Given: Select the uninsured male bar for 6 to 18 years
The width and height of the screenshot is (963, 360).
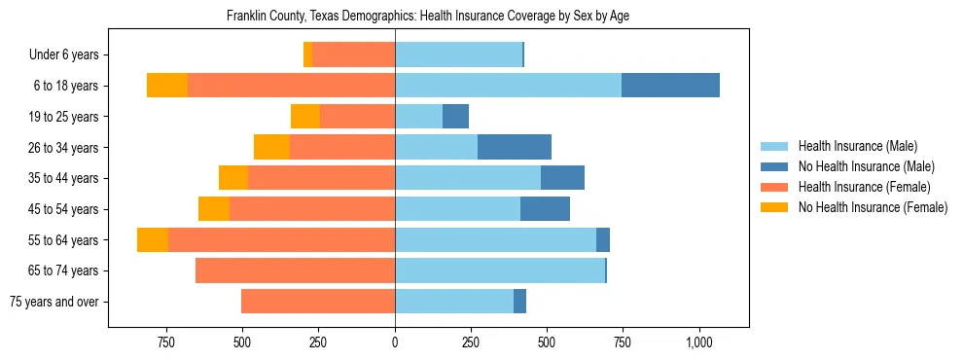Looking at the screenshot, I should point(670,86).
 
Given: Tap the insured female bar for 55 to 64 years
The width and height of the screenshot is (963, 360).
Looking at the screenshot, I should point(281,239).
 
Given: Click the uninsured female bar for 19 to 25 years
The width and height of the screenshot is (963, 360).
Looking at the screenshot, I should point(304,117).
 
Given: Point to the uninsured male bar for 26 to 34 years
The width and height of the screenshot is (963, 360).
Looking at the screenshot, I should point(515,147).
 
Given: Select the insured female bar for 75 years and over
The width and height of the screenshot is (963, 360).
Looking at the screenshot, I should point(318,302).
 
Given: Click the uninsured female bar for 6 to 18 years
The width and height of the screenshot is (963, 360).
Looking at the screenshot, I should point(167,86).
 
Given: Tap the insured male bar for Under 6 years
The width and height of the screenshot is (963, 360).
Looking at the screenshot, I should point(458,54).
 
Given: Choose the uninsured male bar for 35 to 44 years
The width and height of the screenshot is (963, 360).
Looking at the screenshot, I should point(562,178).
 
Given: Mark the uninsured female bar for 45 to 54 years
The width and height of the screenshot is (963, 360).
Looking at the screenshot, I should point(214,209).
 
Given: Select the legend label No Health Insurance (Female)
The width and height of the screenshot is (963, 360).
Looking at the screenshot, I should point(873,207).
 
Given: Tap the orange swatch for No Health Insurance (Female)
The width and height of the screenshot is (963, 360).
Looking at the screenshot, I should point(774,207).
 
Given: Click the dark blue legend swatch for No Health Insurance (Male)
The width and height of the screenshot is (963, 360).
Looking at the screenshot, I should point(774,166).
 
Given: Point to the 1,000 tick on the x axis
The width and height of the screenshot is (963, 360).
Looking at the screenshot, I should point(699,342).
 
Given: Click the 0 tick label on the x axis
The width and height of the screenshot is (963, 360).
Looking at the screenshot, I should point(395,342).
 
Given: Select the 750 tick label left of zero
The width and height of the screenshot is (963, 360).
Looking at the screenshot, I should point(166,342).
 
